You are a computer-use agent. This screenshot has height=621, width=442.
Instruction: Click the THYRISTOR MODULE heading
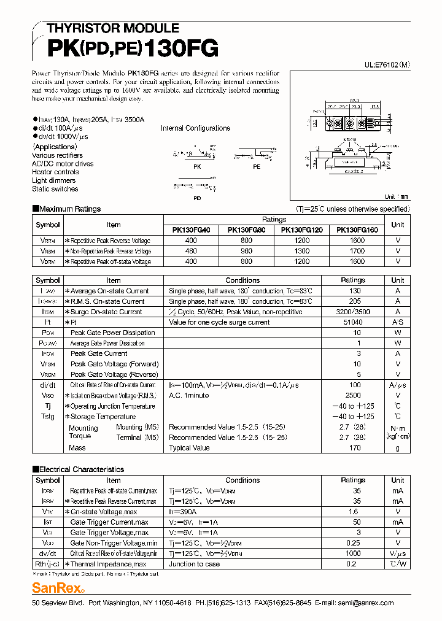[x=113, y=28]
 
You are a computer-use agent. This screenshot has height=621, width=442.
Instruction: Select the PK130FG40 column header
[x=191, y=230]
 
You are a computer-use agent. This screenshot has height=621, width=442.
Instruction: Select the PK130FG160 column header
[x=357, y=230]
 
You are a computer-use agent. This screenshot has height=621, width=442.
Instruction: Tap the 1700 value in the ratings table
[x=357, y=251]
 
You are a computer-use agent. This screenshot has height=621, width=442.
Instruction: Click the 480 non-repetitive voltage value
[x=191, y=251]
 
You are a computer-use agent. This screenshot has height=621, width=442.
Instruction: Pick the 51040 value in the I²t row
[x=352, y=322]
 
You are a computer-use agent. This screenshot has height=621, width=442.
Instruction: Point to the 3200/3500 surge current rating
[x=352, y=312]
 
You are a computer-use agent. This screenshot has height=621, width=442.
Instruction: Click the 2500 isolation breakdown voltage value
[x=352, y=396]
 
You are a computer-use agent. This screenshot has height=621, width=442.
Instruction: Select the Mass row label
[x=77, y=448]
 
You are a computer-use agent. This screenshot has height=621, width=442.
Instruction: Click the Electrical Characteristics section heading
[x=78, y=469]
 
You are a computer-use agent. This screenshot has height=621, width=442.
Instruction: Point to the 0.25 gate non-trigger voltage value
[x=352, y=543]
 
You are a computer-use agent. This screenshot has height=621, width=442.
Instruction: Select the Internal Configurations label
[x=195, y=128]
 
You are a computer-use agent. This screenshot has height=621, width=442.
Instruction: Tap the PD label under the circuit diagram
[x=197, y=198]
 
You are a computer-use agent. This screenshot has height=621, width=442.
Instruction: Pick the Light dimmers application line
[x=54, y=180]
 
